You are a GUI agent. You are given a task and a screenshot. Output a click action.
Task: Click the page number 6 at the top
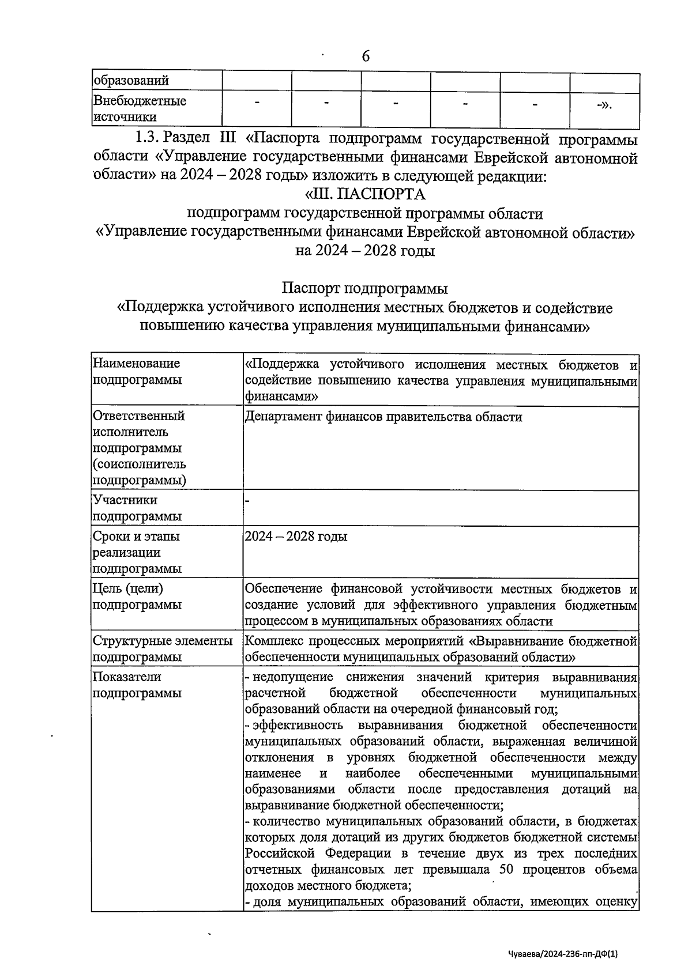click(x=365, y=56)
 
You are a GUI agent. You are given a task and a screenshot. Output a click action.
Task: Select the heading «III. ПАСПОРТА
click(x=365, y=194)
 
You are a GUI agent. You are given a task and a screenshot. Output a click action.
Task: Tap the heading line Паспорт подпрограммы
click(x=365, y=287)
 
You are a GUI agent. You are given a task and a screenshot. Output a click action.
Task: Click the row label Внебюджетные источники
click(x=140, y=109)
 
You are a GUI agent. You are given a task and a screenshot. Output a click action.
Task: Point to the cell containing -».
click(x=604, y=105)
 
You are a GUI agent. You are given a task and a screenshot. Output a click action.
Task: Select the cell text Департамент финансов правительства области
click(x=383, y=417)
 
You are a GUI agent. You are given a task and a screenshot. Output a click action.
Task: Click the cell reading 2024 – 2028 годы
click(x=296, y=537)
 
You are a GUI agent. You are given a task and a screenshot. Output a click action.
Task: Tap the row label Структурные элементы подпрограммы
click(x=162, y=649)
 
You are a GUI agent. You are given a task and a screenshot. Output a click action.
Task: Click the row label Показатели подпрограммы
click(x=137, y=685)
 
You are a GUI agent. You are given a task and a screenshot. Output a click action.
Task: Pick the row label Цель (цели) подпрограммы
click(x=137, y=596)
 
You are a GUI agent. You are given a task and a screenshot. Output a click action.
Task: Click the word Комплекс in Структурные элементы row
click(x=270, y=641)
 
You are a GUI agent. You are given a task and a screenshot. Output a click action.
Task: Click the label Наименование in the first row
click(x=136, y=364)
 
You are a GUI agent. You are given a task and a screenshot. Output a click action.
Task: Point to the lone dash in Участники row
click(x=247, y=501)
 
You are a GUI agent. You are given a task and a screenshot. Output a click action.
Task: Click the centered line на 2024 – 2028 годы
click(x=365, y=251)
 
